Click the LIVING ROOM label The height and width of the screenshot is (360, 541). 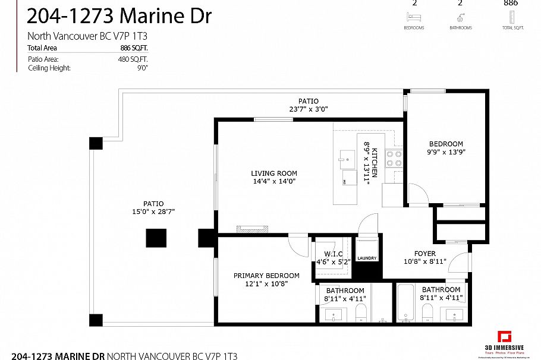[274, 173]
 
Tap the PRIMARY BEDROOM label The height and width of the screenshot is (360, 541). [266, 276]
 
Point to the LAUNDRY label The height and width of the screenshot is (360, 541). [367, 258]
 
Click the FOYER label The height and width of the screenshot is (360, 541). [425, 254]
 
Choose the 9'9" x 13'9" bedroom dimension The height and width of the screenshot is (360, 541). [446, 152]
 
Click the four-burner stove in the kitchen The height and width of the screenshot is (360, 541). [393, 158]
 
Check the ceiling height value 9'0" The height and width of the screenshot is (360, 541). [142, 68]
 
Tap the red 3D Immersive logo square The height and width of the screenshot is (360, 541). [505, 337]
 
